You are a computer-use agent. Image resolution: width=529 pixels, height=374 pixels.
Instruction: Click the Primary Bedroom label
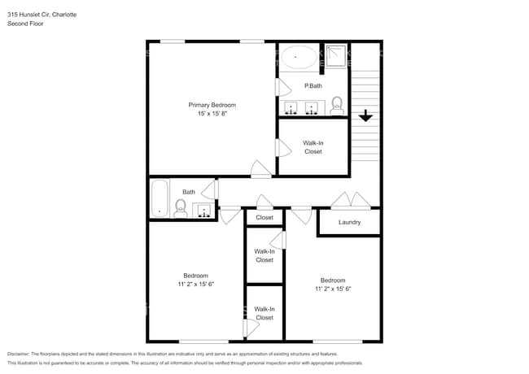pos(212,105)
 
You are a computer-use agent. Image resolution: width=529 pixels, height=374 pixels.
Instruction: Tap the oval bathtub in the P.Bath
pos(299,57)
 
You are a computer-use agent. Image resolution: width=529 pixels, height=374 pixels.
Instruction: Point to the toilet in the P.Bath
pos(337,105)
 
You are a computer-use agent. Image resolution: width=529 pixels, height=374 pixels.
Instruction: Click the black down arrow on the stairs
pos(365,116)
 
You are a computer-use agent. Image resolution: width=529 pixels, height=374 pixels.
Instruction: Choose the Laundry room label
pos(349,222)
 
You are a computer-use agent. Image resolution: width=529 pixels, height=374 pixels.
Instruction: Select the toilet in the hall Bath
pos(180,209)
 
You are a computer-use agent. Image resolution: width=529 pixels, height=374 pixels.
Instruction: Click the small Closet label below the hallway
pos(264,218)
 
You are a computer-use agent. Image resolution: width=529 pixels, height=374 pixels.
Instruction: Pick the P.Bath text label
pos(313,85)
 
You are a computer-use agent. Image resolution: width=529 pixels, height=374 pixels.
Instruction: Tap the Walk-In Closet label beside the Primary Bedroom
pos(313,147)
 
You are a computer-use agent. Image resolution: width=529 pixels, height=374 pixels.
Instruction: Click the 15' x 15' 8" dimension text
pos(212,114)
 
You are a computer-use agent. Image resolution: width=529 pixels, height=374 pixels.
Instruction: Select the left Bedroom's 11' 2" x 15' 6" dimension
pos(195,284)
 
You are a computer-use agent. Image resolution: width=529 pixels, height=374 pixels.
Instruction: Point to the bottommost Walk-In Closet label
pos(264,313)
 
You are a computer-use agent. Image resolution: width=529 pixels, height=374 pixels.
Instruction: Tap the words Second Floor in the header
pos(25,24)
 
